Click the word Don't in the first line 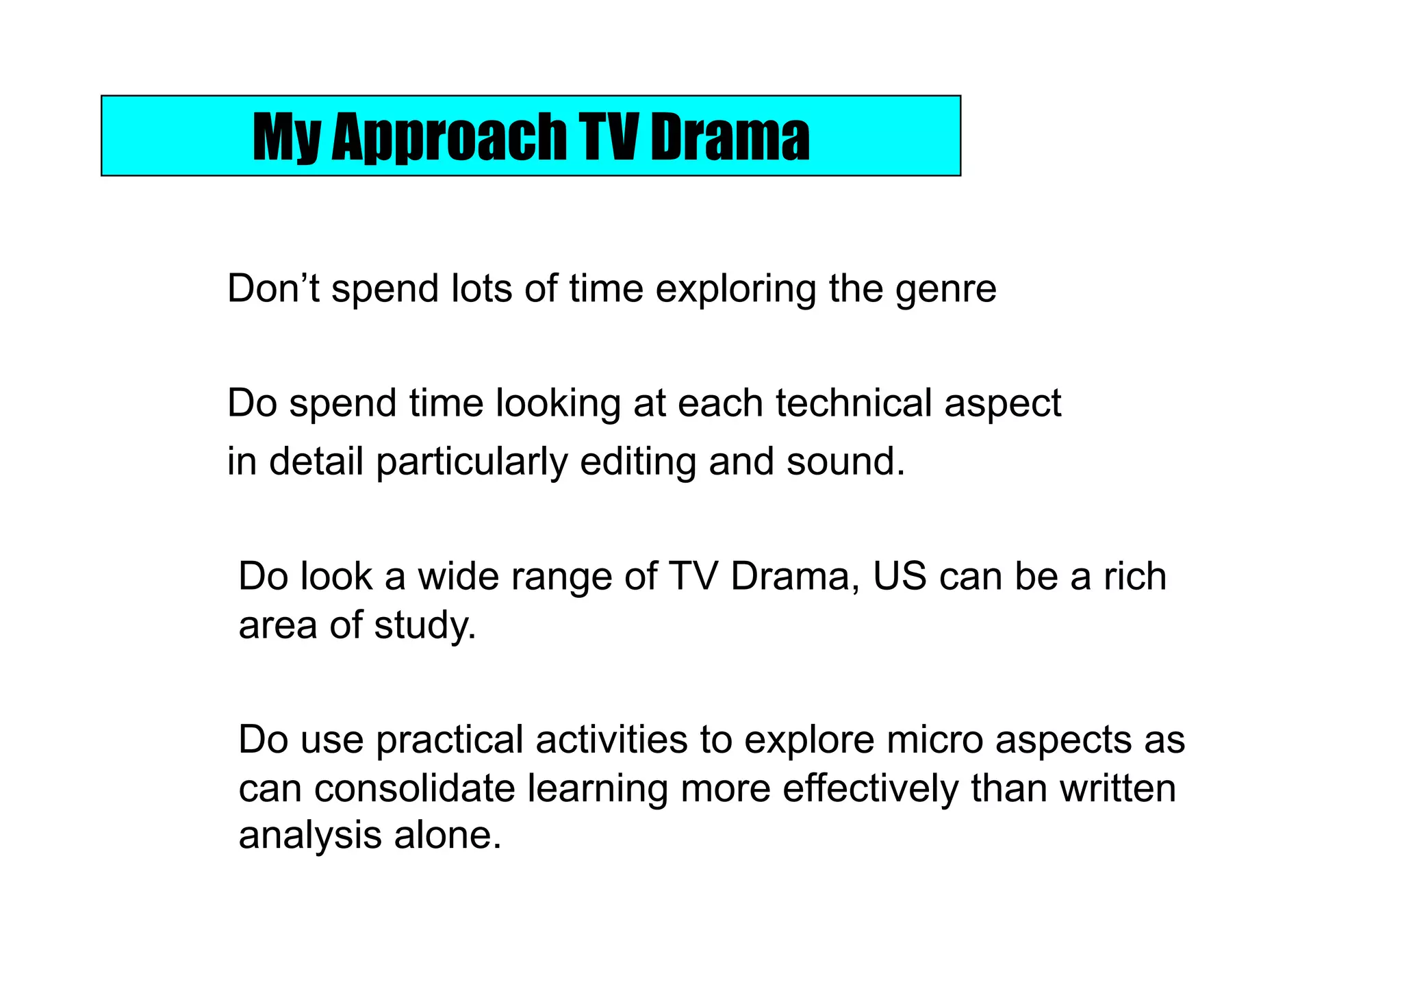(x=273, y=288)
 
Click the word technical (x=853, y=403)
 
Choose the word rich (x=1134, y=577)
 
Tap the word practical (x=449, y=741)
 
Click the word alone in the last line (x=447, y=836)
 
